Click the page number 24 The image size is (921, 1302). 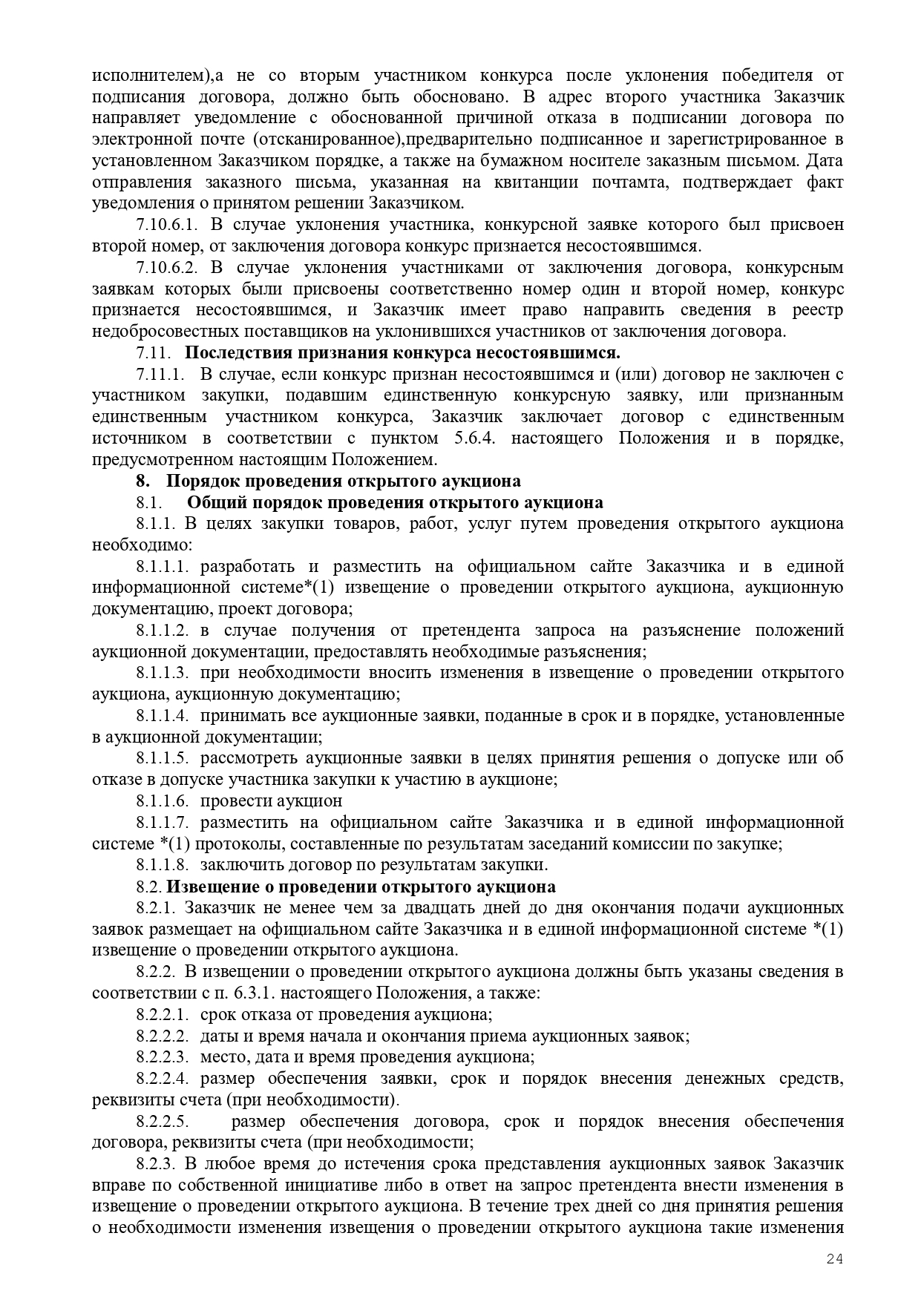tap(835, 1258)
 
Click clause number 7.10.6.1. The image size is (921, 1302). tap(168, 225)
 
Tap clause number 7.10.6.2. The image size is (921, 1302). tap(168, 267)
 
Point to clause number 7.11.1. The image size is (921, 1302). tap(160, 374)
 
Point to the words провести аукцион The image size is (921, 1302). tap(272, 801)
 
